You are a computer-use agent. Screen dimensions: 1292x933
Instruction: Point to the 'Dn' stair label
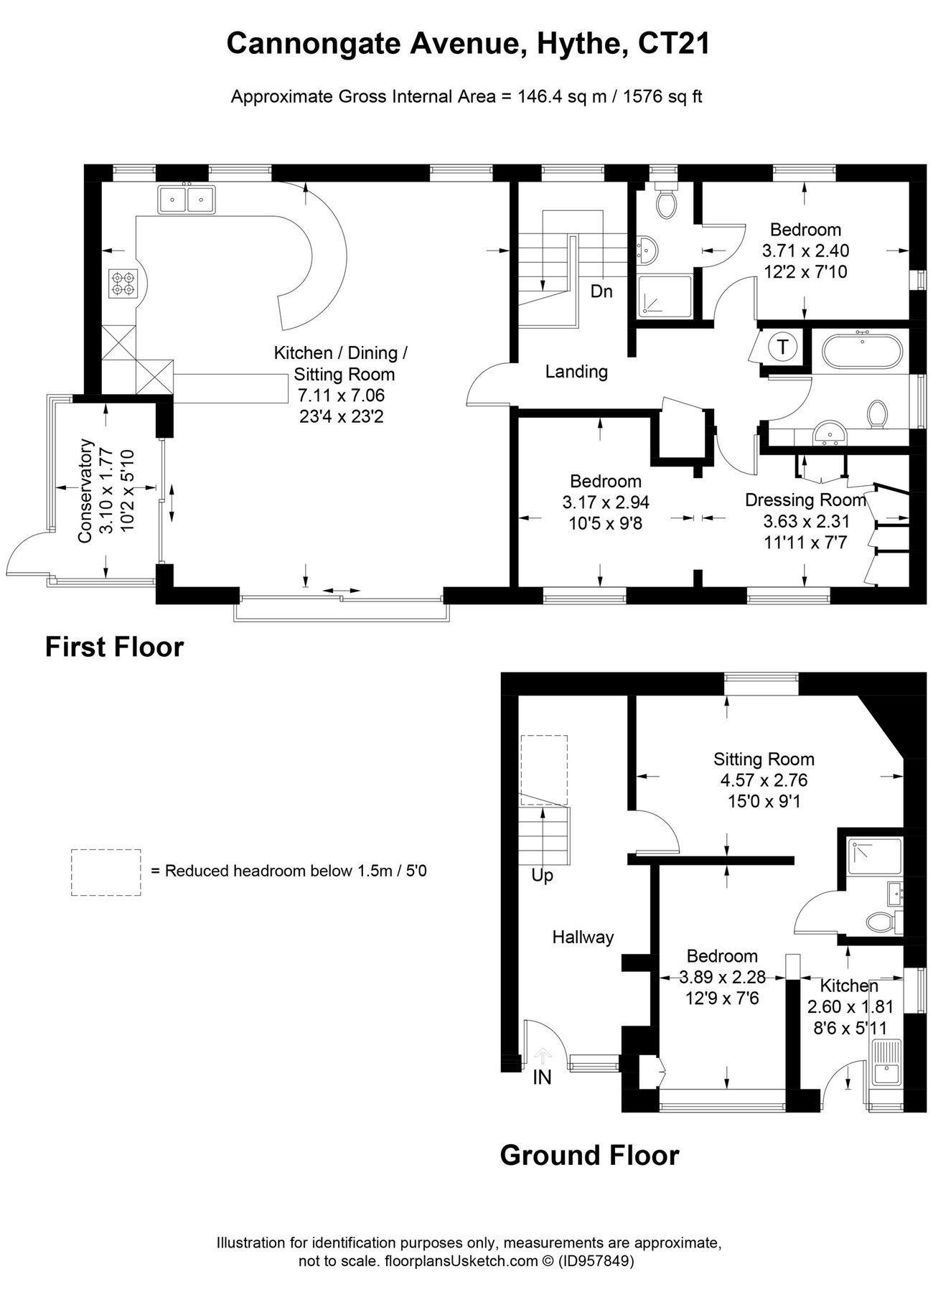pos(601,291)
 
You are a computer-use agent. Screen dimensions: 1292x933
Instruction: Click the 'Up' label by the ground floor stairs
pos(542,876)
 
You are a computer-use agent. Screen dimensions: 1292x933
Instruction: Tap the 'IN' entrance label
pos(542,1077)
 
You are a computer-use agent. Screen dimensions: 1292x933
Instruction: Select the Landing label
pos(576,372)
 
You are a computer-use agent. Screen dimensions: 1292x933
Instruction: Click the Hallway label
pos(583,937)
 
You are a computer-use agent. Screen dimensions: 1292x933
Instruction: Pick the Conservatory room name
pos(86,490)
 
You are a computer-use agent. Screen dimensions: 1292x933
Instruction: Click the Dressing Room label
pos(805,500)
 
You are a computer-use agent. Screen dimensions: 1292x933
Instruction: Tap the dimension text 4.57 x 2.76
pos(764,780)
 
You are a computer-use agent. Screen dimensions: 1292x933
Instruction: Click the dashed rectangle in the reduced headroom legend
pos(106,871)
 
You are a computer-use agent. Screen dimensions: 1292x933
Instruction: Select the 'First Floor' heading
pos(114,647)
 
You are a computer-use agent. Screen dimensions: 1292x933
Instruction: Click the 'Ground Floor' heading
pos(589,1156)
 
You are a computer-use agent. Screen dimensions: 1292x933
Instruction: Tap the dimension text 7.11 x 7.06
pos(341,395)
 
